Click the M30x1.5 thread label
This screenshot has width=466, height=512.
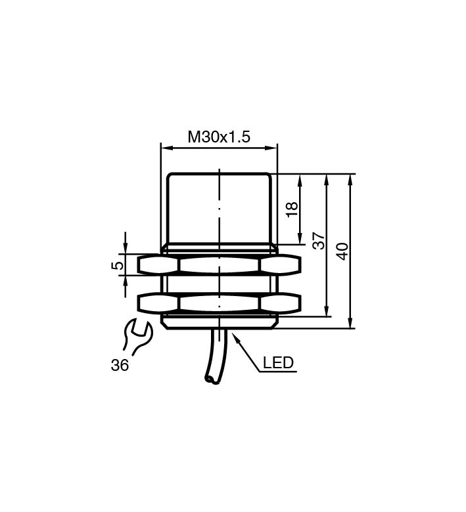click(219, 137)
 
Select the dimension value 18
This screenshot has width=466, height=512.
click(292, 209)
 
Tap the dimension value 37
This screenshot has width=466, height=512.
click(319, 241)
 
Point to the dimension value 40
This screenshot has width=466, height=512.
click(343, 251)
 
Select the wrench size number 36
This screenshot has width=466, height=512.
click(120, 365)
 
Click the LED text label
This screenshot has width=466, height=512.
click(278, 363)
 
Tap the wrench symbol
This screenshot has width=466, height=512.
click(137, 337)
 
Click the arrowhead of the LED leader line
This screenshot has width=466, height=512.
click(237, 337)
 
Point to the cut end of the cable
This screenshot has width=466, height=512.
click(211, 379)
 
